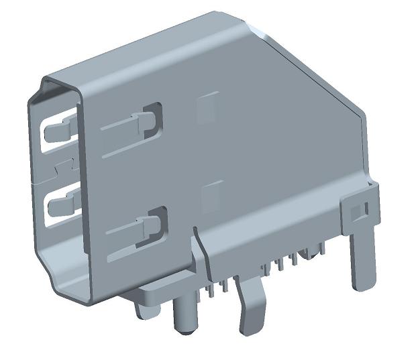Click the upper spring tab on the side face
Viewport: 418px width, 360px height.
tap(131, 124)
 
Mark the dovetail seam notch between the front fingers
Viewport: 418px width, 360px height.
tap(62, 164)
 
